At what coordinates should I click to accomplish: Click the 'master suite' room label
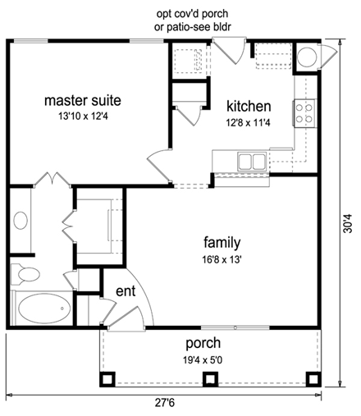pyautogui.click(x=82, y=101)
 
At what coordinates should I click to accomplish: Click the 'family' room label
pyautogui.click(x=222, y=242)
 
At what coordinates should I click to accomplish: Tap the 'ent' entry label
pyautogui.click(x=124, y=290)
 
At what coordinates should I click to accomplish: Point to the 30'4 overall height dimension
pyautogui.click(x=348, y=222)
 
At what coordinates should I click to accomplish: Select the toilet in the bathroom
pyautogui.click(x=25, y=273)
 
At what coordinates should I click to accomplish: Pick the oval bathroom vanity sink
pyautogui.click(x=21, y=221)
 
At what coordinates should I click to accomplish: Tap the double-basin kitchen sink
pyautogui.click(x=253, y=160)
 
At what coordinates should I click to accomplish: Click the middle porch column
pyautogui.click(x=210, y=378)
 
